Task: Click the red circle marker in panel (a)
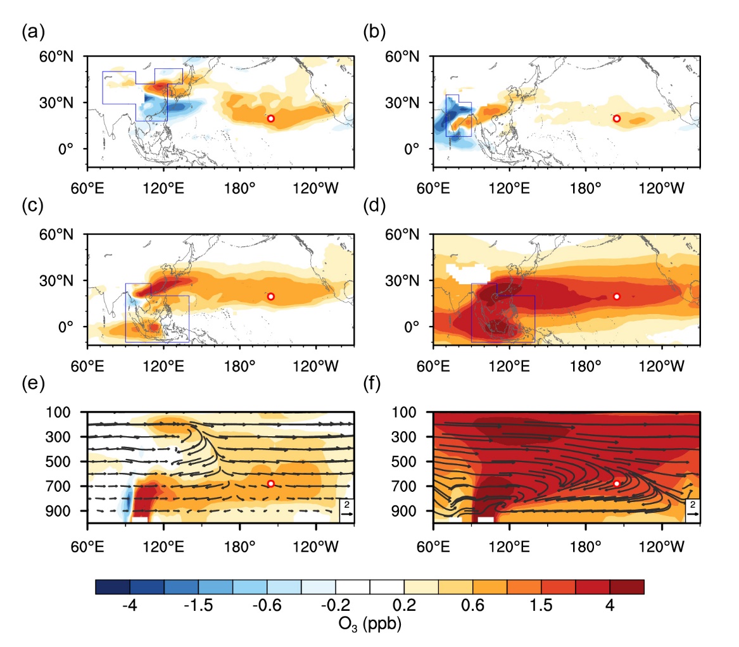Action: click(270, 118)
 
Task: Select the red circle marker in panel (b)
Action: click(617, 118)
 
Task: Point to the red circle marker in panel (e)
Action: click(270, 484)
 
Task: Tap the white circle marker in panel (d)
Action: click(617, 296)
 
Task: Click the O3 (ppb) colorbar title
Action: click(370, 625)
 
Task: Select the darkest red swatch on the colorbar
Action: click(627, 587)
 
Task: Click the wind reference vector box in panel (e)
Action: click(346, 508)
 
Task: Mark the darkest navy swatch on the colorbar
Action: click(113, 587)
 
